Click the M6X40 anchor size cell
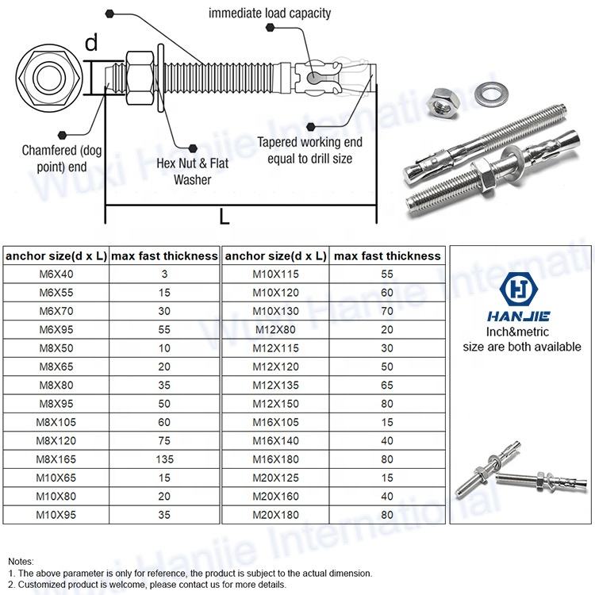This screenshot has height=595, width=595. click(x=55, y=274)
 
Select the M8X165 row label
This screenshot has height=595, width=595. click(x=55, y=459)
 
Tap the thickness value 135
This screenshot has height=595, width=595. click(x=163, y=459)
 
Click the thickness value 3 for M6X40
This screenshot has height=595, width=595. click(x=163, y=274)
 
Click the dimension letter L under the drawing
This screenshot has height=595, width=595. click(x=225, y=217)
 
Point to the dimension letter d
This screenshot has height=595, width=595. click(x=91, y=43)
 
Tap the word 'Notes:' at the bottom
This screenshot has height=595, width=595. click(x=21, y=560)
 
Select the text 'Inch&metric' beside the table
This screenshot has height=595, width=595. click(x=521, y=332)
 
